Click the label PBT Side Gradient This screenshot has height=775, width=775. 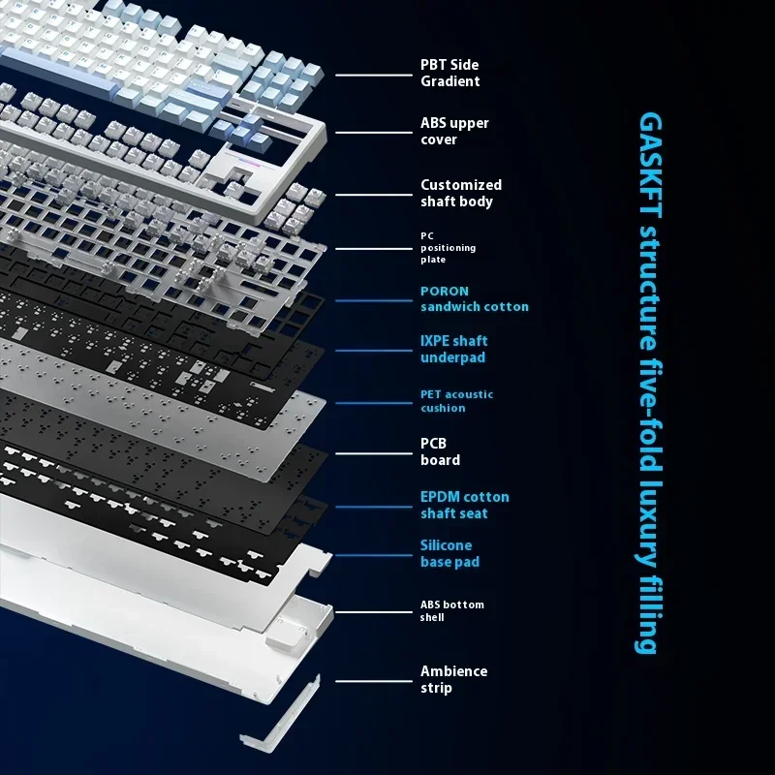pos(449,73)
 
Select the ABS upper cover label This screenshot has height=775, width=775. pos(454,131)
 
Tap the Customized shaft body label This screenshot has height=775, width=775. pos(461,193)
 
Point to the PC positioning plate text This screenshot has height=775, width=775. pos(448,248)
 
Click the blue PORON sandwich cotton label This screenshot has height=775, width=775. pos(474,298)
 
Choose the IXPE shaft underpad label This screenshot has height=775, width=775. pos(453,349)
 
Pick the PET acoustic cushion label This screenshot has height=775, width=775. pos(456,401)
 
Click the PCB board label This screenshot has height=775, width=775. pos(440,451)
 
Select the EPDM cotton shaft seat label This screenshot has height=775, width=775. pos(464,505)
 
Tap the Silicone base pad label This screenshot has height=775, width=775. pos(449,554)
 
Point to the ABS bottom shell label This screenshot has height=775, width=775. pos(451,610)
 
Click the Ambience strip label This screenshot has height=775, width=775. pos(453,679)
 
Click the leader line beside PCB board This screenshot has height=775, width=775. pos(373,451)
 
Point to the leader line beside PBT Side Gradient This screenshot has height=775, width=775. pos(373,74)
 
